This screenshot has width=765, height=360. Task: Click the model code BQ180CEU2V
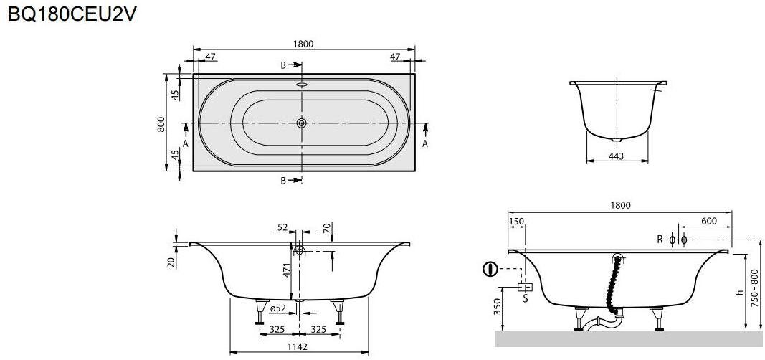(71, 16)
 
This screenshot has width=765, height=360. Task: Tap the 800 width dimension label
(162, 124)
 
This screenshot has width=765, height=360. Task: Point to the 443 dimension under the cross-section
(616, 156)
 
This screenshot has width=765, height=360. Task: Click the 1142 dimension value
(298, 347)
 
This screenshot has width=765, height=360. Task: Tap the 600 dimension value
(709, 222)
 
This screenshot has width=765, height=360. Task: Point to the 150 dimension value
(516, 222)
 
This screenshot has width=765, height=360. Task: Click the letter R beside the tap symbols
(660, 240)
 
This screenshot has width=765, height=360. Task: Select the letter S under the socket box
(525, 298)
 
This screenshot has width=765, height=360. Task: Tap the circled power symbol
(490, 270)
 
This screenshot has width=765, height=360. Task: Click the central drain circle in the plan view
(302, 123)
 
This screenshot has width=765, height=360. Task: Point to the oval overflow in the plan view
(302, 83)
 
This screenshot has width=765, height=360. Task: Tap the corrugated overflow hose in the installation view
(613, 287)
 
